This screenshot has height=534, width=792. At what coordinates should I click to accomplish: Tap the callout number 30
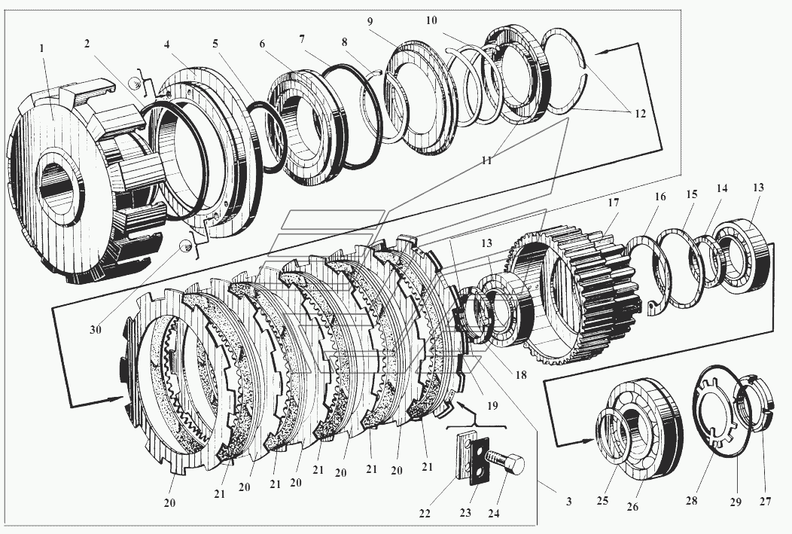pyautogui.click(x=96, y=330)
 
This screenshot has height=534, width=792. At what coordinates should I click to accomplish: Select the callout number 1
pyautogui.click(x=42, y=48)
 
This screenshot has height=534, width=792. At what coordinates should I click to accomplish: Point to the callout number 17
pyautogui.click(x=613, y=203)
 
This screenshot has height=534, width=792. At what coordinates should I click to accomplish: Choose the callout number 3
pyautogui.click(x=568, y=501)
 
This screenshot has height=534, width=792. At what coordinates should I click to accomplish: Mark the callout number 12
pyautogui.click(x=640, y=114)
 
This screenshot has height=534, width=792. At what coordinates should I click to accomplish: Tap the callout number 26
pyautogui.click(x=632, y=506)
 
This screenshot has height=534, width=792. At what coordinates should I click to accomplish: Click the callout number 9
pyautogui.click(x=370, y=21)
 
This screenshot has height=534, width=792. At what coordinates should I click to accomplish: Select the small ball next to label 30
pyautogui.click(x=187, y=246)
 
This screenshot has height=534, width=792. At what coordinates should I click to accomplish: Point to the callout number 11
pyautogui.click(x=486, y=160)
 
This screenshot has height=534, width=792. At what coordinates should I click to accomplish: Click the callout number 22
pyautogui.click(x=425, y=513)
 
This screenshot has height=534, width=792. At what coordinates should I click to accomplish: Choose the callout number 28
pyautogui.click(x=691, y=500)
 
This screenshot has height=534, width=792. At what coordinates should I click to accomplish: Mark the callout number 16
pyautogui.click(x=660, y=197)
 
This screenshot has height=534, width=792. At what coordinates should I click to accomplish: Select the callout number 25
pyautogui.click(x=602, y=501)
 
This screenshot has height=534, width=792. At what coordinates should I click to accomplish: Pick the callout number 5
pyautogui.click(x=215, y=44)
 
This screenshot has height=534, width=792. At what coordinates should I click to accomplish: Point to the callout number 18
pyautogui.click(x=520, y=375)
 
